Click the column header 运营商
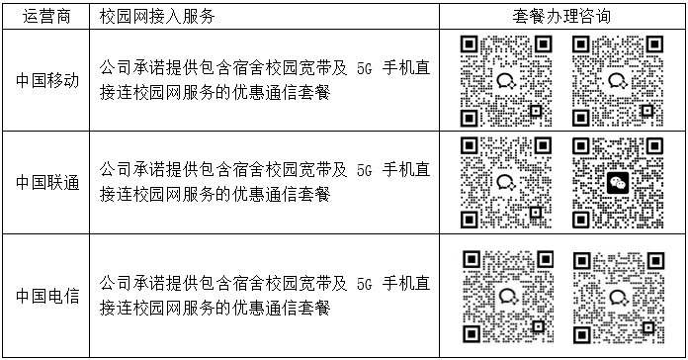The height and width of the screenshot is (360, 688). pos(46,17)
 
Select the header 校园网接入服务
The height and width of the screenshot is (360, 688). pos(157,17)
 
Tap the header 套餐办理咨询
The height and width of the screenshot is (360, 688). pos(561,17)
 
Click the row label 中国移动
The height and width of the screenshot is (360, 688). pos(47,81)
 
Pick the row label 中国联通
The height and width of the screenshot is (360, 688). pos(47,182)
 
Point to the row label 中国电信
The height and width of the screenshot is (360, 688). pos(47,296)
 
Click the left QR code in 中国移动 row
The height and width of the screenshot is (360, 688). pos(506,81)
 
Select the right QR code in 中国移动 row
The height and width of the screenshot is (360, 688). pos(618,81)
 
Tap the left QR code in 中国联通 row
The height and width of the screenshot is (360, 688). pos(506,183)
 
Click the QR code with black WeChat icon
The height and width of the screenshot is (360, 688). pos(618,183)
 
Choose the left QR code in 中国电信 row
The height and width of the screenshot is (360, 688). pos(508,298)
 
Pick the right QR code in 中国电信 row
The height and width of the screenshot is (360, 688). pos(619,298)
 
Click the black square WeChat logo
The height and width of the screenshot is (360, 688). pos(618,183)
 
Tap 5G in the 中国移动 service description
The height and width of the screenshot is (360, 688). pos(364,69)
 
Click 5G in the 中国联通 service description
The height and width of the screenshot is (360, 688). pos(364,170)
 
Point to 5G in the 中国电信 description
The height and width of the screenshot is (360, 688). pos(364,284)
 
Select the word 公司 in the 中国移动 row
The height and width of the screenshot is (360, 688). pos(116,68)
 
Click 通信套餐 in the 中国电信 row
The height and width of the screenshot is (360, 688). pos(298,309)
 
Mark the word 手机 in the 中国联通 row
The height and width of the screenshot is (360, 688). pos(397,169)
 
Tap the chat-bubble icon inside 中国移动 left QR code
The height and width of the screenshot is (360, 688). pos(506,81)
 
